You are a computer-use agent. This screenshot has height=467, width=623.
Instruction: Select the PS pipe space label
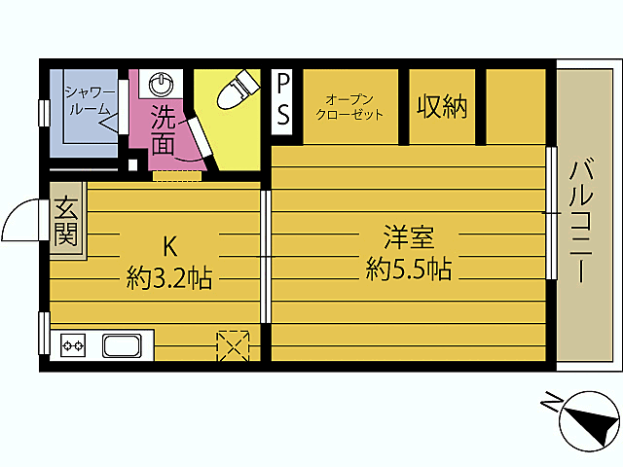pyautogui.click(x=283, y=100)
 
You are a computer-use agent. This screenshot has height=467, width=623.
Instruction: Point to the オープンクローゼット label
pyautogui.click(x=349, y=106)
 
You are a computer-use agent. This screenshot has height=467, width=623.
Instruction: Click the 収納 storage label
pyautogui.click(x=442, y=106)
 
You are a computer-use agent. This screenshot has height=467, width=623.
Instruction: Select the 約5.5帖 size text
pyautogui.click(x=408, y=269)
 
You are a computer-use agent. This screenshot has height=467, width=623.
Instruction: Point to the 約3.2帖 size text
pyautogui.click(x=168, y=279)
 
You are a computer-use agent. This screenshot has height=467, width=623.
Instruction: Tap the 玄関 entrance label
pyautogui.click(x=66, y=221)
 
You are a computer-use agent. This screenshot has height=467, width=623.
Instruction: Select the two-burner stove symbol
pyautogui.click(x=74, y=344)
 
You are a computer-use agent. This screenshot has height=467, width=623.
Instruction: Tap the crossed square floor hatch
pyautogui.click(x=233, y=344)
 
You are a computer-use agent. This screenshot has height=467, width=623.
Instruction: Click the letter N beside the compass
pyautogui.click(x=551, y=401)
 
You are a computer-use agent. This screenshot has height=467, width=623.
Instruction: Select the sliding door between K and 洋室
pyautogui.click(x=265, y=255)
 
